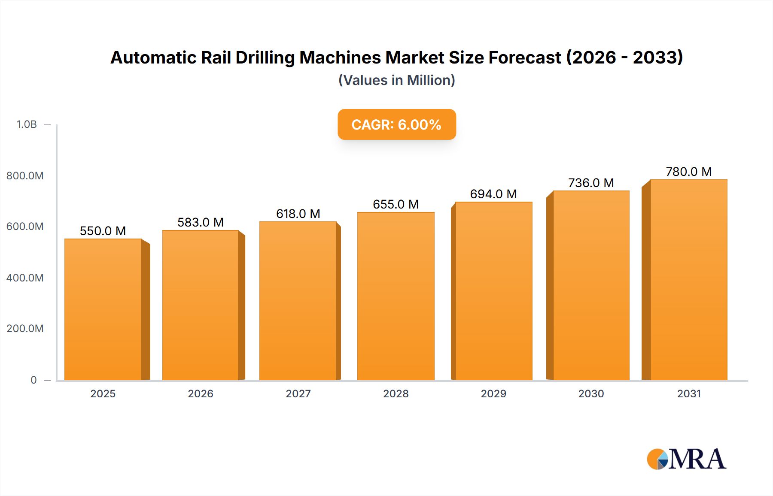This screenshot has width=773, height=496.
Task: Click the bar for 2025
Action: [x=103, y=309]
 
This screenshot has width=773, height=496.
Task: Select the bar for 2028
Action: [x=396, y=296]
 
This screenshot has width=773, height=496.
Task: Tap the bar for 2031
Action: [x=688, y=280]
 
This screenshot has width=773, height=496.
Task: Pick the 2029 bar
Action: [x=493, y=291]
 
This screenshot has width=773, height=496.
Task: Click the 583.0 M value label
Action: [x=201, y=222]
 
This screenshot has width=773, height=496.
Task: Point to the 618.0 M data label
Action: [x=298, y=214]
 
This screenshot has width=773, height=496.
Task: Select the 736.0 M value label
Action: [x=591, y=183]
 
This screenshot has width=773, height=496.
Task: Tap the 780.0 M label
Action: [x=688, y=172]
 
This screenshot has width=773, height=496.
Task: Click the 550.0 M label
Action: [x=103, y=231]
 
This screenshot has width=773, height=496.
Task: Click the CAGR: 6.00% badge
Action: [x=396, y=124]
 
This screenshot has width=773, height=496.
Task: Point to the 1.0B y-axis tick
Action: [x=27, y=124]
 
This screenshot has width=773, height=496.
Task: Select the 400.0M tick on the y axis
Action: [x=25, y=278]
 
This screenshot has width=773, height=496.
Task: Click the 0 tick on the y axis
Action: [x=33, y=380]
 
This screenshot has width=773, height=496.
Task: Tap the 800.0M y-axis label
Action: [x=25, y=175]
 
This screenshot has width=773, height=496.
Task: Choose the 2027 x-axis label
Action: [x=298, y=393]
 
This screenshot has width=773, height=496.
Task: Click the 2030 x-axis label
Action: [x=591, y=393]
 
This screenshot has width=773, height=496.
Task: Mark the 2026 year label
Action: [x=201, y=393]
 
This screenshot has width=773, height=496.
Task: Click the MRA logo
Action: [x=686, y=459]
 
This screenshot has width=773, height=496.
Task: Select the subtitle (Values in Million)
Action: [x=396, y=80]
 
